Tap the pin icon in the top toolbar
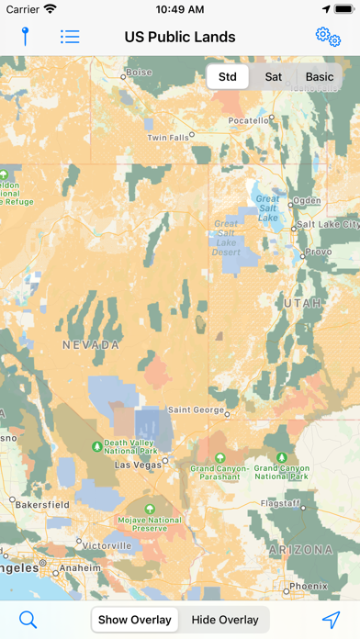click(x=26, y=37)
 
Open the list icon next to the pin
click(x=70, y=37)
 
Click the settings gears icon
click(x=328, y=36)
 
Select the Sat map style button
click(x=274, y=77)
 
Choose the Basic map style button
click(x=320, y=77)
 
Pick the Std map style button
click(x=228, y=77)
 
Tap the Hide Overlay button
click(x=225, y=620)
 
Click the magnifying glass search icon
click(x=28, y=620)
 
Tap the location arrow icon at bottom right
click(x=331, y=620)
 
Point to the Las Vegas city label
click(x=136, y=465)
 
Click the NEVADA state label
click(x=91, y=345)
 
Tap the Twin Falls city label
click(x=167, y=138)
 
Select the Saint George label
click(x=193, y=409)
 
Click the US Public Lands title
click(x=180, y=37)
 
